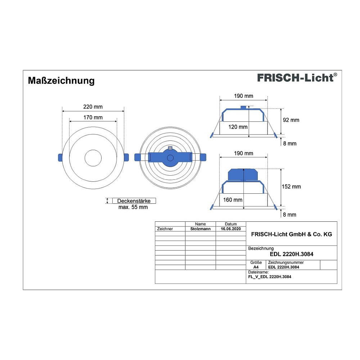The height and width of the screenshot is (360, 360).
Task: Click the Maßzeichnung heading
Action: (x=61, y=81)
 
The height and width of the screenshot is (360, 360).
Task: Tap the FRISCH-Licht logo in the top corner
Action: (x=297, y=78)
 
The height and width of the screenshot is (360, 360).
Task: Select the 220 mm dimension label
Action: (x=93, y=107)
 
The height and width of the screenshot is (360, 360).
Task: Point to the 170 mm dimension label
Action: (x=93, y=117)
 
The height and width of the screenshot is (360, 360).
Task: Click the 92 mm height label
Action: (x=291, y=120)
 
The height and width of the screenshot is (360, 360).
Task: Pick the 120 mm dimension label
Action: (x=238, y=127)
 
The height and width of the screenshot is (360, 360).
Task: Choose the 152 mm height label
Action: (x=291, y=186)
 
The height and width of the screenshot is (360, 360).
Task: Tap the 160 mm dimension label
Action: (x=233, y=200)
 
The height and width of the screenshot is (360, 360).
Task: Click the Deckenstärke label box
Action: (x=134, y=201)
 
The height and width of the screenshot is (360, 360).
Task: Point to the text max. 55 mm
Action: (x=133, y=207)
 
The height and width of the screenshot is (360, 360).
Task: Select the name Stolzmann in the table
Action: (x=201, y=229)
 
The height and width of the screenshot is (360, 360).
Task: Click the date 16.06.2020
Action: (x=231, y=229)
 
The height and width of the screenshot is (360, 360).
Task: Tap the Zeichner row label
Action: (x=165, y=229)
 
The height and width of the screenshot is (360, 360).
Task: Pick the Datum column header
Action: (x=231, y=224)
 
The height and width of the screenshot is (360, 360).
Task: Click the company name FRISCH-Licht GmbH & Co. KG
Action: (x=292, y=234)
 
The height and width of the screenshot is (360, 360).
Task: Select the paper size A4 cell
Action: (x=256, y=267)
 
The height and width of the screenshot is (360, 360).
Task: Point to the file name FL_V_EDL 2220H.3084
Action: (x=270, y=277)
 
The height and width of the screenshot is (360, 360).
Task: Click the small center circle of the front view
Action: (x=93, y=158)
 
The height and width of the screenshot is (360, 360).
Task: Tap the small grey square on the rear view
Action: (x=170, y=148)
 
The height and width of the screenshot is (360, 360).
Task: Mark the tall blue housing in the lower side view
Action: (x=243, y=175)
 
